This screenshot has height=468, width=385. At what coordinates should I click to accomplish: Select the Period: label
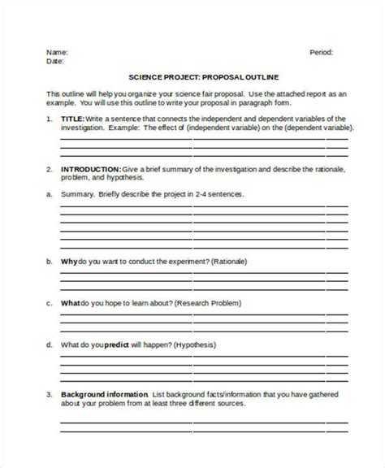coord(322,51)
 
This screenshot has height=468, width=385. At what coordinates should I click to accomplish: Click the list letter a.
coord(50,194)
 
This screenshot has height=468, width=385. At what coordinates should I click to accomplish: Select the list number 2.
coord(50,169)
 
